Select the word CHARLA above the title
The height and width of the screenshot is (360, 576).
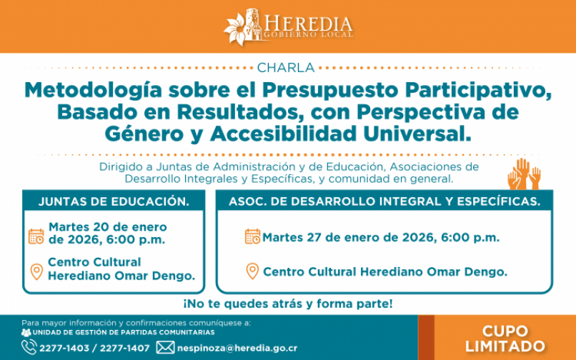tap(285, 68)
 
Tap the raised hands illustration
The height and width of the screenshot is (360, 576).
tap(524, 174)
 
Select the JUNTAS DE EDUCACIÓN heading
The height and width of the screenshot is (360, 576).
tap(114, 201)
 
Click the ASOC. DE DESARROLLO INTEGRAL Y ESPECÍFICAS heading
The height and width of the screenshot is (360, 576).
tap(384, 201)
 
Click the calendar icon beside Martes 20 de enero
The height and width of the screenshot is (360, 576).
tap(36, 236)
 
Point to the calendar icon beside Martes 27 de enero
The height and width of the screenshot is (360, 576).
tap(252, 236)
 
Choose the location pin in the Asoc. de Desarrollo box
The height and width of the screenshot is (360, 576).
tap(252, 271)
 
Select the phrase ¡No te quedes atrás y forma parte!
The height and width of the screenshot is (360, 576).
tap(288, 304)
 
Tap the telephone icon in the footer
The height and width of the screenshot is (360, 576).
tap(29, 348)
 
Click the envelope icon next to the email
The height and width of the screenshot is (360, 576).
tap(165, 348)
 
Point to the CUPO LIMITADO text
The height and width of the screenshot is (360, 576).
tap(505, 339)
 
